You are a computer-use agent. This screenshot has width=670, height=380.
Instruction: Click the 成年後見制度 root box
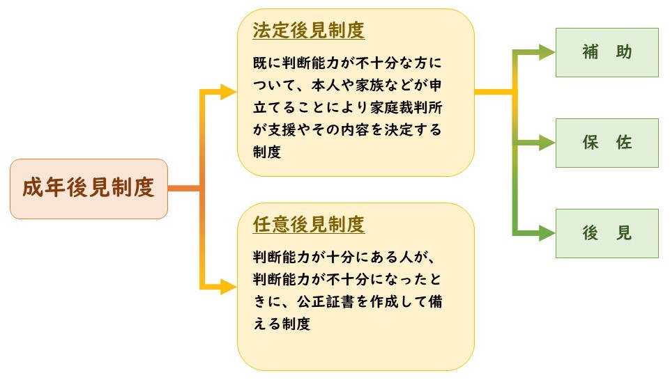click(89, 189)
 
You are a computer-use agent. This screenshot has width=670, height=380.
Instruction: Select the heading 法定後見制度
click(309, 31)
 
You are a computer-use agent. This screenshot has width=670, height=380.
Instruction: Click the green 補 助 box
click(607, 52)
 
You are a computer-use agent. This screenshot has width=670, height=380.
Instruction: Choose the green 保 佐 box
click(607, 143)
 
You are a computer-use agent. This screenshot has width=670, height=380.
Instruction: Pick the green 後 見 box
click(607, 233)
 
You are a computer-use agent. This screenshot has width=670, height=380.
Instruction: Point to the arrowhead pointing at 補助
click(548, 52)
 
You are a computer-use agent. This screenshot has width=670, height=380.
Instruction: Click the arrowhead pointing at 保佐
click(548, 143)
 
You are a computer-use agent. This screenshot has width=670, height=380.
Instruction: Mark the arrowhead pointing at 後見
click(548, 233)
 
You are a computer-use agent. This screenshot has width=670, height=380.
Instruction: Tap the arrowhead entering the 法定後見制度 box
click(229, 91)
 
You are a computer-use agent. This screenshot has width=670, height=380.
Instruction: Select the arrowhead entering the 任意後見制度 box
click(229, 285)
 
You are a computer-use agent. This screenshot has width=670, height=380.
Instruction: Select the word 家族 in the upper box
click(379, 85)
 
